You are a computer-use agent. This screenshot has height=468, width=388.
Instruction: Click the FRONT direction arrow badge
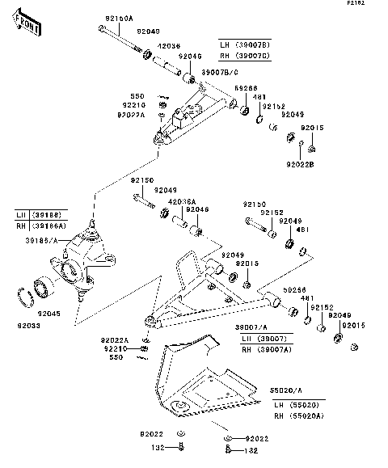29,25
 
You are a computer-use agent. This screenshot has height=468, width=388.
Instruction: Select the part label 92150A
119,17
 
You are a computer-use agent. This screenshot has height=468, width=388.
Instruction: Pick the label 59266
246,88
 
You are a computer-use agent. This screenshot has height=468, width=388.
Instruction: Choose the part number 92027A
131,116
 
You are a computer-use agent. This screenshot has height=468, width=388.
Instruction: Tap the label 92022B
300,164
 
